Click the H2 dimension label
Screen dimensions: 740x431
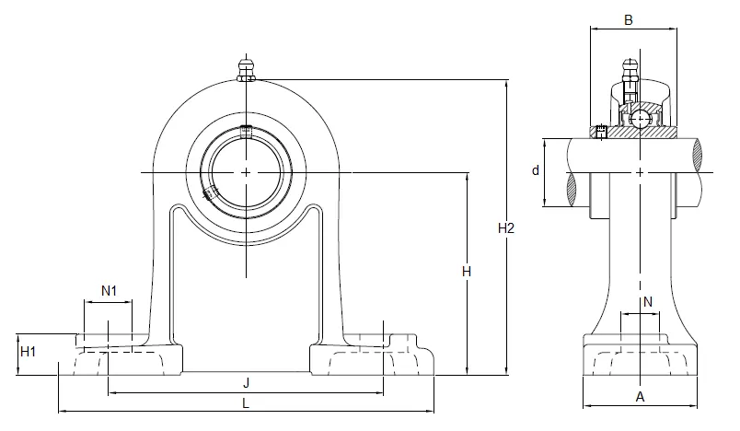tap(506, 228)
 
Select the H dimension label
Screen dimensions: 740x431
tap(467, 272)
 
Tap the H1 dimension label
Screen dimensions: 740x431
tap(28, 352)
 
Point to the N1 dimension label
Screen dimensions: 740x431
tap(109, 291)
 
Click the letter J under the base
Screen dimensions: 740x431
tap(246, 383)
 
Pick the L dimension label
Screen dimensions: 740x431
tap(246, 403)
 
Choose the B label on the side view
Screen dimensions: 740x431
tap(628, 20)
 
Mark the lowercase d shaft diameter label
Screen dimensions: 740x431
tap(535, 170)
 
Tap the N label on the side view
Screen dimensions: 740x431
tap(648, 302)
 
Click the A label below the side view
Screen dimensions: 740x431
tap(640, 397)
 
